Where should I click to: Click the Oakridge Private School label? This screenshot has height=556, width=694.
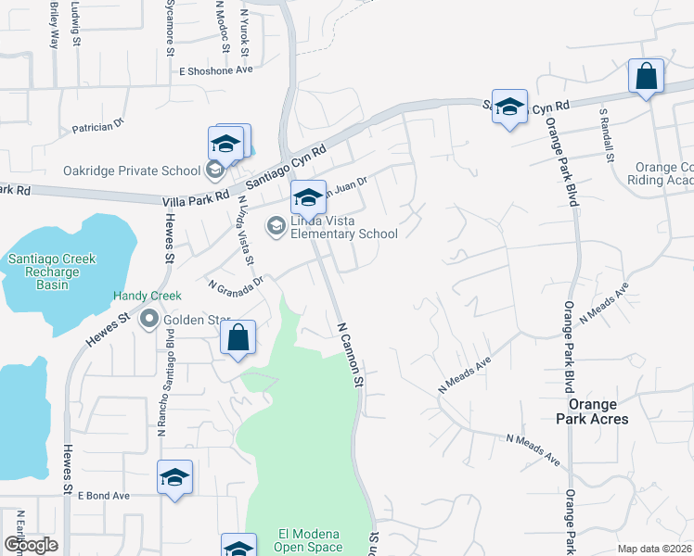[131, 171]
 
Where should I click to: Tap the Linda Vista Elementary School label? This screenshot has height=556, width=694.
[331, 227]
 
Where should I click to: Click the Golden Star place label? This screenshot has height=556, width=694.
[197, 321]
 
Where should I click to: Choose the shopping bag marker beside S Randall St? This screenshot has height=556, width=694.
[645, 78]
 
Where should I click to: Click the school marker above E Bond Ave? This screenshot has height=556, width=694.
[174, 478]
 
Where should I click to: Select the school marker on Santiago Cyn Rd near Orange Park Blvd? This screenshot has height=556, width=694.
[509, 107]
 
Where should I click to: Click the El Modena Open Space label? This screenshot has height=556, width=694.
[311, 540]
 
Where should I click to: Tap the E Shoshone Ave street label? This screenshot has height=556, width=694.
[216, 70]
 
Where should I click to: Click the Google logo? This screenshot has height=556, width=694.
[31, 545]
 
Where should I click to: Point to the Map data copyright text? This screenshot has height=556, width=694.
[654, 549]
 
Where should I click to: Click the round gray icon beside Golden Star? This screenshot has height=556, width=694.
[148, 321]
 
